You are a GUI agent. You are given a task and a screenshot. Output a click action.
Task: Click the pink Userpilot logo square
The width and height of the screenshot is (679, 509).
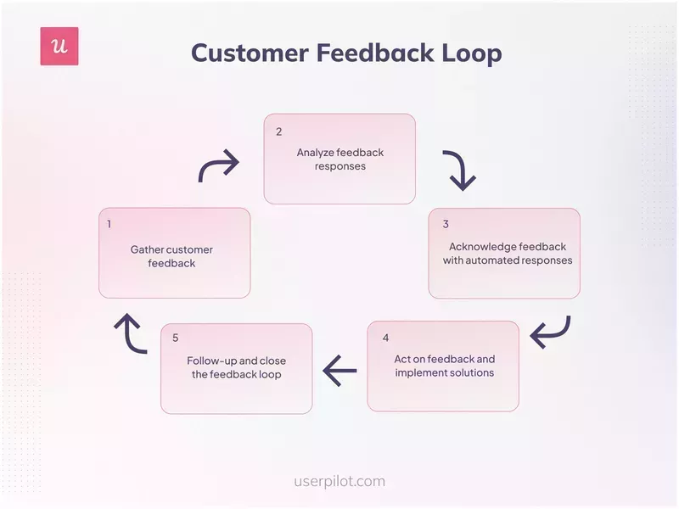(59, 47)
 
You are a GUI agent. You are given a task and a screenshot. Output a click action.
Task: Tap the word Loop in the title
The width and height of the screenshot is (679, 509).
(468, 53)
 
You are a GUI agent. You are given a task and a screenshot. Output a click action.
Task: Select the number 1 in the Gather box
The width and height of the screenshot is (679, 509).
(109, 225)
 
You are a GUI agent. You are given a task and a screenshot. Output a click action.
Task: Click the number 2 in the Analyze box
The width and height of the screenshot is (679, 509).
(278, 131)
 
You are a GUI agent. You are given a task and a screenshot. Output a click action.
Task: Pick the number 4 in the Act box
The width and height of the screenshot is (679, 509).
(385, 338)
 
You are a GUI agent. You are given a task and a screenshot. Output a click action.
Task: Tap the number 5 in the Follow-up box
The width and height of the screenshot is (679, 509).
(176, 338)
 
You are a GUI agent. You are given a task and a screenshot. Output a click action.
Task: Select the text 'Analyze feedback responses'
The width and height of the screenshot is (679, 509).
(339, 159)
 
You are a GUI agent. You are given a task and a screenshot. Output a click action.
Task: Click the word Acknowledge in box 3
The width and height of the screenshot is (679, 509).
(481, 247)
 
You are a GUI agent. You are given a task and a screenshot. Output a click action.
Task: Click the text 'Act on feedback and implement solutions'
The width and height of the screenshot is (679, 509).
(444, 366)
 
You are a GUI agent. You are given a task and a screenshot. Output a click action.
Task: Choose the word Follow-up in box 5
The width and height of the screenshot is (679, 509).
(211, 361)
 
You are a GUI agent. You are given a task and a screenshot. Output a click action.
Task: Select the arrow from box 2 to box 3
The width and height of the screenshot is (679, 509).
(459, 171)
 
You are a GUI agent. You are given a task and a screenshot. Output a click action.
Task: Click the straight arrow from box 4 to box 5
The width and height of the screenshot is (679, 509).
(339, 370)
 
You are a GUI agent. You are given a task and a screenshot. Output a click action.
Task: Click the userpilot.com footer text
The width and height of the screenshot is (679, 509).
(339, 481)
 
